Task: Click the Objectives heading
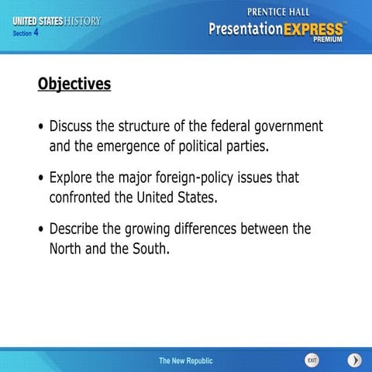(x=74, y=84)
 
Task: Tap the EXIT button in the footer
(x=312, y=360)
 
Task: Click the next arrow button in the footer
(x=354, y=360)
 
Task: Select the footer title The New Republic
(x=185, y=361)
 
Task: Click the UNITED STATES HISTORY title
(x=57, y=21)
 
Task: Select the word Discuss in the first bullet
(x=74, y=126)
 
